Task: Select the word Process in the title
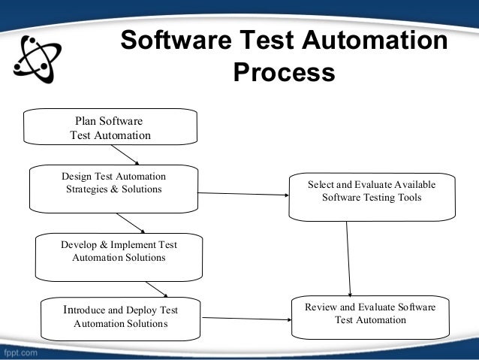pos(284,73)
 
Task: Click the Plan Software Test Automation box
pos(111,127)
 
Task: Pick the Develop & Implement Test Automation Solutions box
pos(119,256)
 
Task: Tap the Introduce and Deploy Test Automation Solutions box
pos(120,317)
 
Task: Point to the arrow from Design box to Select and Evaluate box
pos(243,195)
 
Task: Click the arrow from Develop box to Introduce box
pos(155,289)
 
